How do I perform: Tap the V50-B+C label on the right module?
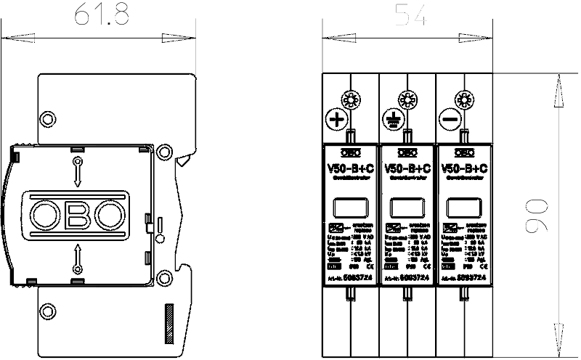tap(463, 168)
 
